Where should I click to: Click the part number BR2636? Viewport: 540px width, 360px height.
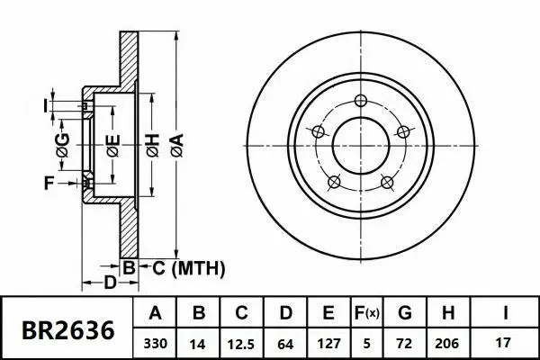tap(68, 330)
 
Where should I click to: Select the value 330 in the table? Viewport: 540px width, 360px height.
tap(155, 343)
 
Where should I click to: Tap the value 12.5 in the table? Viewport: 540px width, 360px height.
tap(243, 343)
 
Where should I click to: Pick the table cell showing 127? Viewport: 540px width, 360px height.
tap(329, 343)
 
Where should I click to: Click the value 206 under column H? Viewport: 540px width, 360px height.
tap(448, 343)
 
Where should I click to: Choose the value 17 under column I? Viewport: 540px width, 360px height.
tap(504, 343)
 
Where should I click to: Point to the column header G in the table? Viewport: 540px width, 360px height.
tap(405, 313)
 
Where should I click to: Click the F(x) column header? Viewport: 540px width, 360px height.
tap(367, 313)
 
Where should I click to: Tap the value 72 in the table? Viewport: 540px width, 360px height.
tap(405, 343)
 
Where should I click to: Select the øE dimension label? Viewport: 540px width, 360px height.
tap(112, 144)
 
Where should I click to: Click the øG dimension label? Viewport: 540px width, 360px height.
tap(62, 144)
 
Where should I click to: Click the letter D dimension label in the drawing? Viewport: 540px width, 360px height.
tap(109, 284)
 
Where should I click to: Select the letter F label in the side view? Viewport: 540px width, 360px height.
tap(49, 184)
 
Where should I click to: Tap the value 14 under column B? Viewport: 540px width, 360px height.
tap(200, 343)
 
